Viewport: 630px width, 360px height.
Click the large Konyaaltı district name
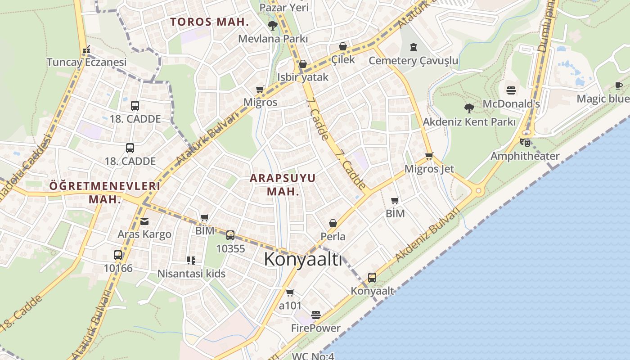pos(303,260)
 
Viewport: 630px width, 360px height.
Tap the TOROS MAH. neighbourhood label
pos(209,22)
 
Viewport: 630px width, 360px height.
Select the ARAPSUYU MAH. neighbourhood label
pos(283,184)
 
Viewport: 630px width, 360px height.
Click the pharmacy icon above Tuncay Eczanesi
pos(87,49)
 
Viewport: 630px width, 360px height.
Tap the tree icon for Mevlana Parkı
pos(272,25)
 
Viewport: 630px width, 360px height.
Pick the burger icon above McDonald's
pos(511,90)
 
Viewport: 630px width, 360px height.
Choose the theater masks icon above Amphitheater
pos(525,143)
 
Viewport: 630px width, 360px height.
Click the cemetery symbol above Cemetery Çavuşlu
pos(414,47)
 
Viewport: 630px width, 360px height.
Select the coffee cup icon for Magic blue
pos(619,85)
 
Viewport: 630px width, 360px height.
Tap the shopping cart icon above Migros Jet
pos(429,156)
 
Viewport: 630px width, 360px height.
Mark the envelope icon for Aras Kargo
pos(144,221)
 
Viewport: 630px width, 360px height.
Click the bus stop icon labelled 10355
pos(230,235)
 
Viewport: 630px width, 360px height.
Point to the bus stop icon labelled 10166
pos(118,255)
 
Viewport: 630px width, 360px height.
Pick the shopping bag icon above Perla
pos(333,223)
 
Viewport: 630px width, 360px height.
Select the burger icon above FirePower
pos(316,315)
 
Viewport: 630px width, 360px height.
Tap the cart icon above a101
pos(290,292)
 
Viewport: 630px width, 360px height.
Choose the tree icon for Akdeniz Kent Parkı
pos(469,108)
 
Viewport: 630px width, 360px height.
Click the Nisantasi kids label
pos(191,273)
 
